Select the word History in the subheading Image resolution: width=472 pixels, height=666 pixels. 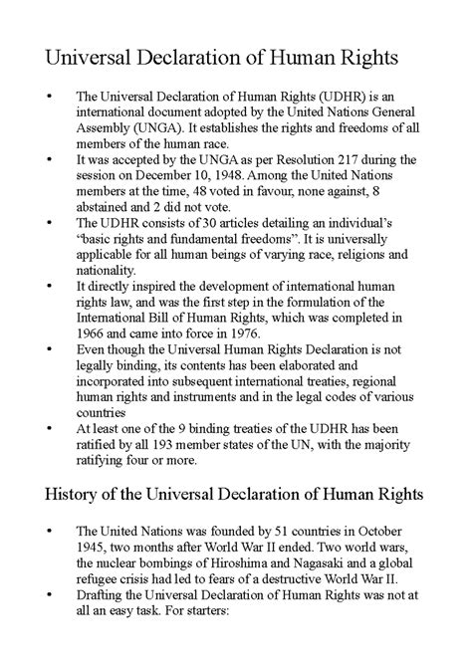tap(65, 494)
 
